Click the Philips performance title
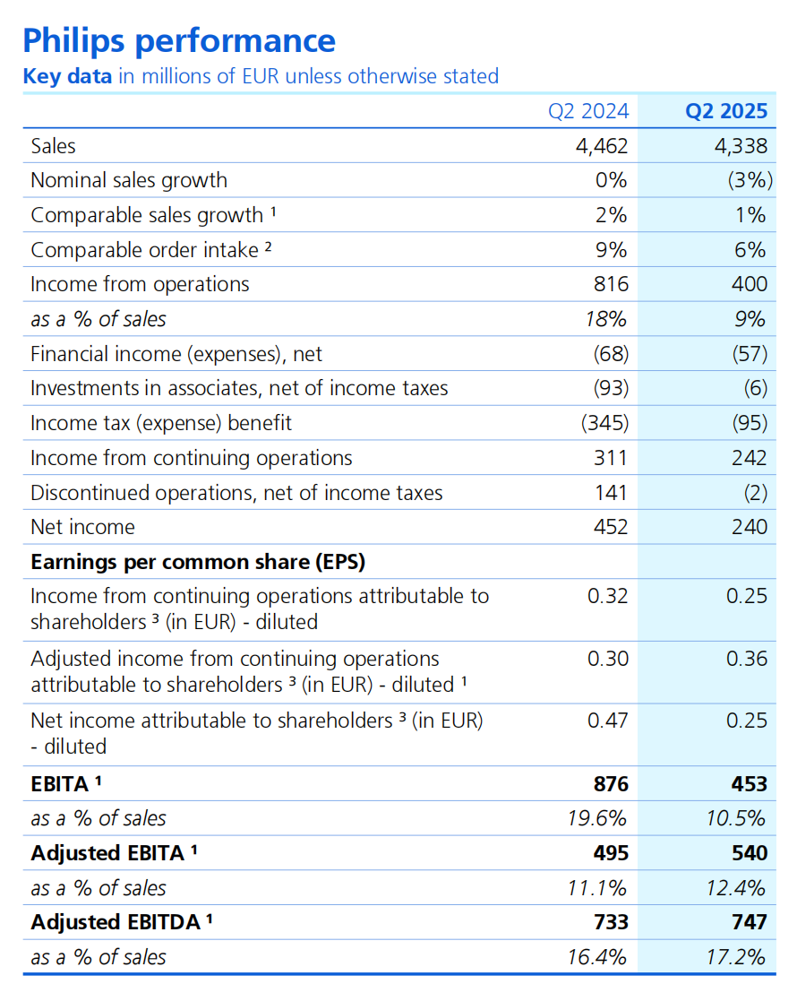tap(178, 40)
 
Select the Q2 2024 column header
tap(588, 111)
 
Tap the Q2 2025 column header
tap(726, 111)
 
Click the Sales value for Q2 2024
tap(602, 146)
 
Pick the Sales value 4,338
tap(741, 146)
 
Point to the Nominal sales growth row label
tap(129, 180)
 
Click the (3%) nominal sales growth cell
tap(749, 180)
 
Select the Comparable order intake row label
tap(144, 250)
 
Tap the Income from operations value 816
tap(611, 284)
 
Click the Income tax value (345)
tap(604, 423)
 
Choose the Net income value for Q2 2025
tap(750, 527)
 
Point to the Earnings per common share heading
tap(198, 562)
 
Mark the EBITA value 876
tap(610, 784)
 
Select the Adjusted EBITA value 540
tap(750, 853)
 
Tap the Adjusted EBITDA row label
tap(116, 922)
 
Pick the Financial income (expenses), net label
tap(176, 354)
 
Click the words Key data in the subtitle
tap(67, 76)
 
